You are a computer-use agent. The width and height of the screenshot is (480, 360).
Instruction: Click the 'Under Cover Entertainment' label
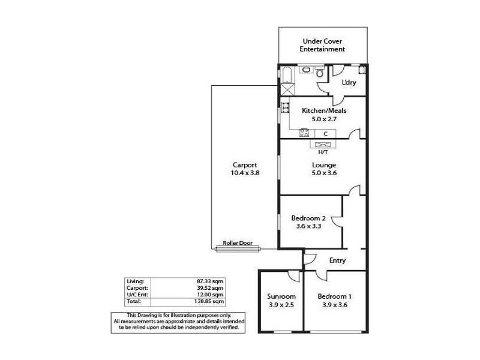(x=324, y=45)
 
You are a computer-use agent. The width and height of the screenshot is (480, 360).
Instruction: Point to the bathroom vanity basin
(x=307, y=70)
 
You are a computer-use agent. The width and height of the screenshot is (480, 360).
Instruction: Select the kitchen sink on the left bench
(x=286, y=109)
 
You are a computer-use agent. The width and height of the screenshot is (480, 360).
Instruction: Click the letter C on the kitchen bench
(x=325, y=134)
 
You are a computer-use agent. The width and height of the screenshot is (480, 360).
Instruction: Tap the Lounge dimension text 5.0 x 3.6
(x=324, y=173)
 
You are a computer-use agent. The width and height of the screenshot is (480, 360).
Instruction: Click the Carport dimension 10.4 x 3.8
(x=245, y=173)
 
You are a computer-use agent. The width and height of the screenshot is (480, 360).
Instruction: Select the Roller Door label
(x=237, y=244)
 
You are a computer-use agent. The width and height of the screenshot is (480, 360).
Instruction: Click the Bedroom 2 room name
(x=308, y=218)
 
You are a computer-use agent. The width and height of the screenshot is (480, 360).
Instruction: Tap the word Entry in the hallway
(x=338, y=260)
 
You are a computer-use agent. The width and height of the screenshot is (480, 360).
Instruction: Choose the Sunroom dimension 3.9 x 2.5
(x=281, y=305)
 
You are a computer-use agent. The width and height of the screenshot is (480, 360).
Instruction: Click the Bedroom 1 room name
(x=334, y=297)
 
